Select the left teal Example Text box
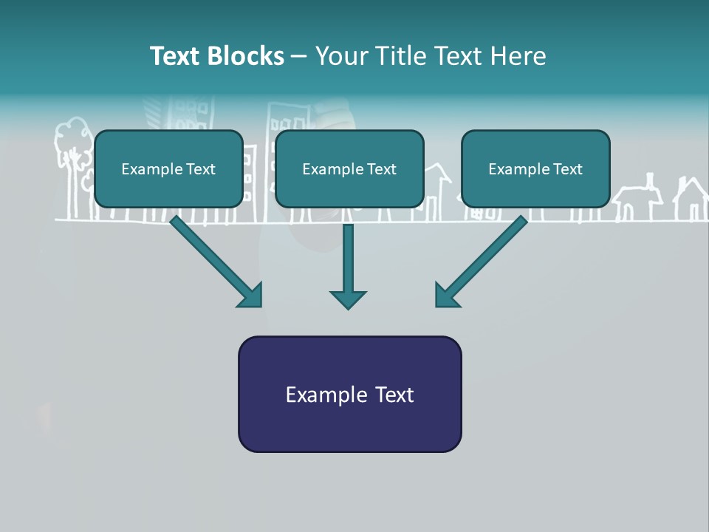[x=168, y=168]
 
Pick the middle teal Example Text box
[x=349, y=168]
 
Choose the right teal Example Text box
[x=535, y=168]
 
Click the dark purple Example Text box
[x=349, y=394]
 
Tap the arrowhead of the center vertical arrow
[x=348, y=299]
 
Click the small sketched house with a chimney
[x=638, y=199]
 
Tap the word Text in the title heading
[x=176, y=56]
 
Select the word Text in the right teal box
[x=567, y=169]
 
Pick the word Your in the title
[x=339, y=56]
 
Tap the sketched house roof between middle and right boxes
[x=438, y=174]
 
